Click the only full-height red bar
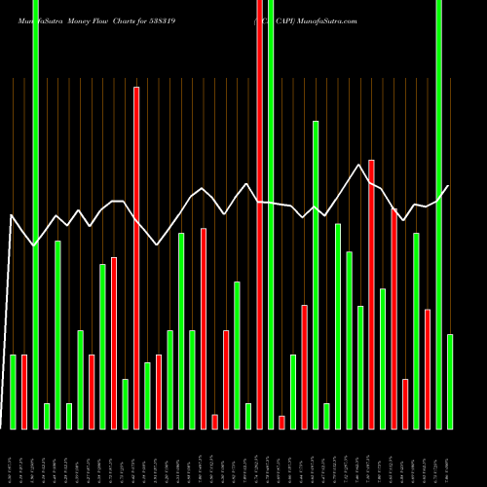tap(260, 214)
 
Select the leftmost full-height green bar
tap(36, 214)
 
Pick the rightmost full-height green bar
tap(439, 214)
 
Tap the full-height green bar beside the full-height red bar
tap(271, 214)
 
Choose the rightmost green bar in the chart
tap(450, 381)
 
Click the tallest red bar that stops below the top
tap(136, 258)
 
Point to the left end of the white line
tap(11, 215)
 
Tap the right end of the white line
tap(448, 186)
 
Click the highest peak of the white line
tap(360, 165)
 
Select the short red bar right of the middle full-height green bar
tap(281, 422)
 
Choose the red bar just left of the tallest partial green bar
tap(304, 366)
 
